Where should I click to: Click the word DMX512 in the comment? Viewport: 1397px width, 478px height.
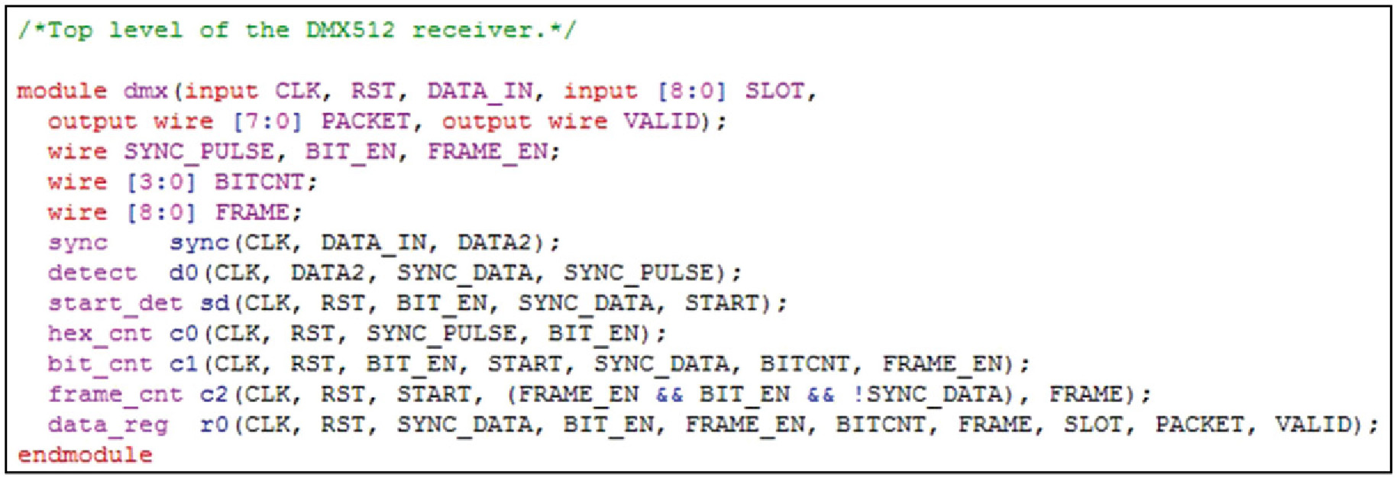(350, 31)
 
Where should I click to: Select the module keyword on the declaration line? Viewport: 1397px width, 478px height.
(62, 92)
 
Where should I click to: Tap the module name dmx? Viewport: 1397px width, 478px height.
(145, 92)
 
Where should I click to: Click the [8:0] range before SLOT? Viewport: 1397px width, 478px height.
(691, 92)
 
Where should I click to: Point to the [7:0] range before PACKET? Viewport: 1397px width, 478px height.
(267, 121)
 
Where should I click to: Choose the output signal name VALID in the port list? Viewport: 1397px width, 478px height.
(661, 121)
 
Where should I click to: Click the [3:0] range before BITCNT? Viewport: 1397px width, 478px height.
(161, 182)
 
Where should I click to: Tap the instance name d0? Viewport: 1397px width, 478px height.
(183, 273)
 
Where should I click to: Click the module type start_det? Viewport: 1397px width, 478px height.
(115, 303)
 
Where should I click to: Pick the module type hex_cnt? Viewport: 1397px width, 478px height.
(100, 334)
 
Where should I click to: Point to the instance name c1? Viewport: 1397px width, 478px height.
(183, 363)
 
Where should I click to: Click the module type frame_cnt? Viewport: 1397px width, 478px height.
(115, 394)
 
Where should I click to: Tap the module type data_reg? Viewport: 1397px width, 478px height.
(108, 425)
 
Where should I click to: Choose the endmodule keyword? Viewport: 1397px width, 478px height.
(85, 455)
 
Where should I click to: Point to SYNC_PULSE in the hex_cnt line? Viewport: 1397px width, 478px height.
(441, 334)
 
